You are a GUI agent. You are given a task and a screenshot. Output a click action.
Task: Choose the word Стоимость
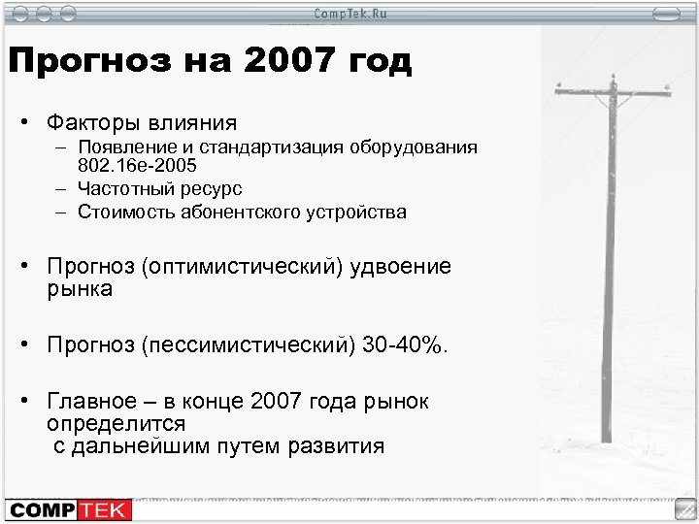123,210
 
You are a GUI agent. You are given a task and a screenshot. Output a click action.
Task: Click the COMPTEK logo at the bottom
63,508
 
